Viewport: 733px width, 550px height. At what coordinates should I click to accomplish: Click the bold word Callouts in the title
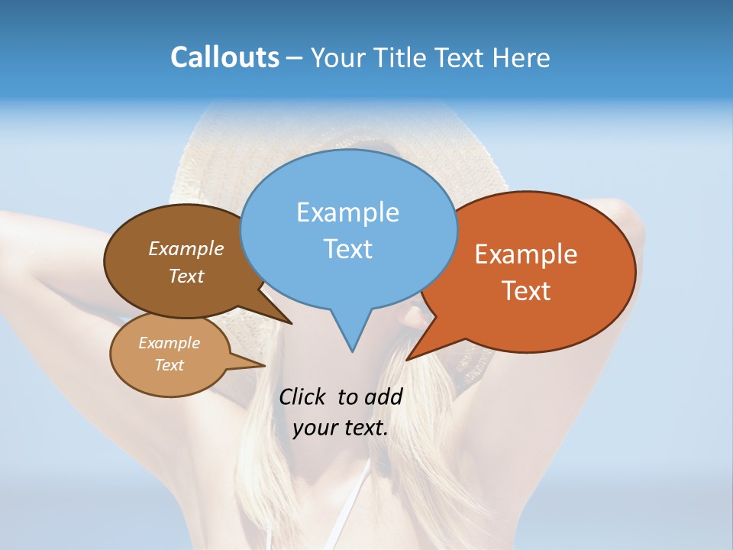click(x=225, y=57)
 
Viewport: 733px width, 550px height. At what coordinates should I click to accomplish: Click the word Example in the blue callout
click(x=347, y=212)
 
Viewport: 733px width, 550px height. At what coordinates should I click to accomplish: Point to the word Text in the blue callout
click(x=347, y=249)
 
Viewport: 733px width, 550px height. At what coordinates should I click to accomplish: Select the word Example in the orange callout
click(x=526, y=254)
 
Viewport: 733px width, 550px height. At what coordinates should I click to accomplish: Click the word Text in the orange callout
click(x=526, y=291)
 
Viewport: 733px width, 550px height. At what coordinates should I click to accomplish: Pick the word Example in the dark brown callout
click(x=186, y=248)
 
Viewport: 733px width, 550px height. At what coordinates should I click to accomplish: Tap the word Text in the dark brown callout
click(x=186, y=276)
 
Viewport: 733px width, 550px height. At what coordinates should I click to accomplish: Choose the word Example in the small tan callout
click(x=170, y=343)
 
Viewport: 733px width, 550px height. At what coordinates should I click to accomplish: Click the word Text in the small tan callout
click(x=170, y=365)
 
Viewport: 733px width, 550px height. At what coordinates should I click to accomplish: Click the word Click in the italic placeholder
click(x=302, y=396)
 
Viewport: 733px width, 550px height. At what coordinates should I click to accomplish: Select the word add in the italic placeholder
click(x=383, y=396)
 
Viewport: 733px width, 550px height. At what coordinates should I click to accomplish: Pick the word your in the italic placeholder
click(x=315, y=428)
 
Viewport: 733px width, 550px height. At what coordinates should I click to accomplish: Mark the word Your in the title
click(x=339, y=57)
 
